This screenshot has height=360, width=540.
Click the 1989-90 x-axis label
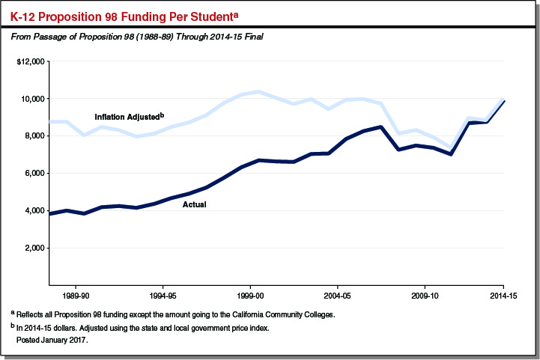pyautogui.click(x=76, y=296)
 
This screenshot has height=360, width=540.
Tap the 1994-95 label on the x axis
pyautogui.click(x=163, y=296)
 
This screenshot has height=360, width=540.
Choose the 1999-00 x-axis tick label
pyautogui.click(x=250, y=296)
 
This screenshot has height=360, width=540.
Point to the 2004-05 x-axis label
pyautogui.click(x=337, y=296)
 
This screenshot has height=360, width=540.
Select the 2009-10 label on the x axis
pyautogui.click(x=425, y=296)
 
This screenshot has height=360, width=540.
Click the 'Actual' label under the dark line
pyautogui.click(x=195, y=204)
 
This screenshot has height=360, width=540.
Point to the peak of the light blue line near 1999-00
pyautogui.click(x=258, y=92)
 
